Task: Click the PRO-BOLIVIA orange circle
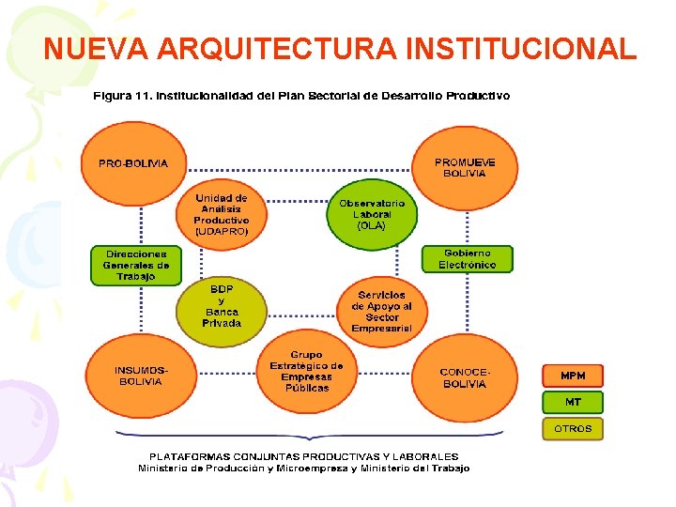coord(133,163)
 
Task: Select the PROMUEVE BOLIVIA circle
coord(465,168)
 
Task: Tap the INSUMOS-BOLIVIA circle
coord(139,376)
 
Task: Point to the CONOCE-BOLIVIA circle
coord(465,377)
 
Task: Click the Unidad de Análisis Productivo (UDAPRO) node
coord(222,215)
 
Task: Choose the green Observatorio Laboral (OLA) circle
coord(371,215)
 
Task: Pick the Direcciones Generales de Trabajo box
coord(135,265)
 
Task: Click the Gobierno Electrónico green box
coord(468,259)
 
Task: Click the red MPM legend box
coord(573,376)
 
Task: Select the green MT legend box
coord(573,402)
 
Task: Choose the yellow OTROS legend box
coord(573,428)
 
